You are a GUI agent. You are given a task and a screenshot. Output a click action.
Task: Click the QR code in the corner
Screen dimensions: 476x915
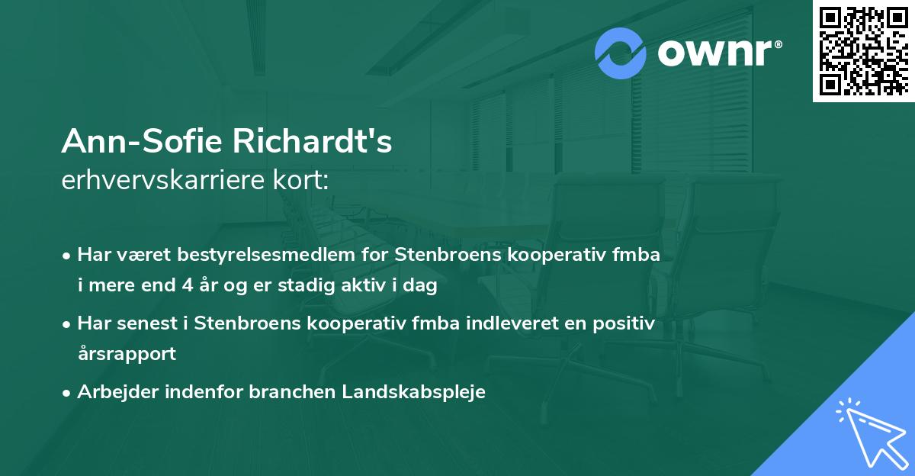click(x=863, y=50)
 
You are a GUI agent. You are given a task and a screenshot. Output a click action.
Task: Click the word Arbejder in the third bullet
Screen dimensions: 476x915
click(x=113, y=391)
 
